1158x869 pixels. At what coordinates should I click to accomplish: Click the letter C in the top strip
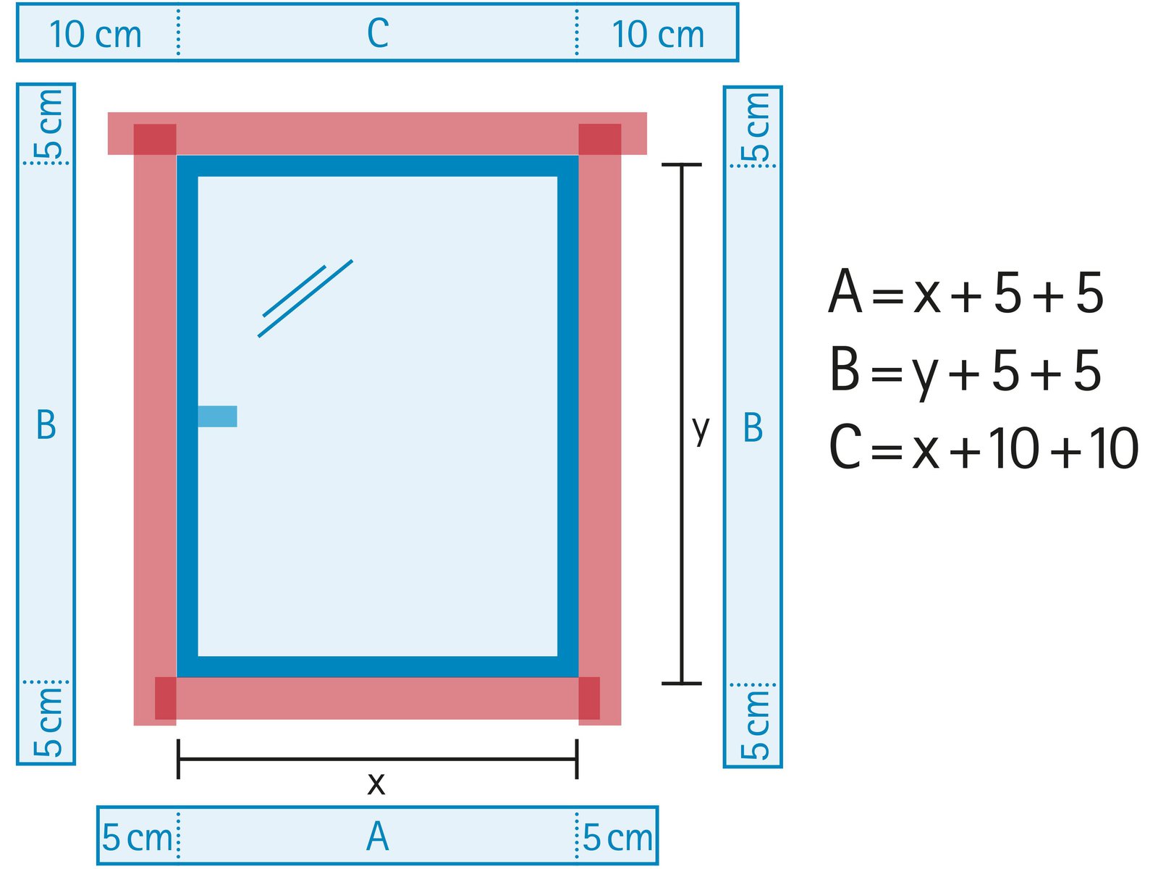(378, 33)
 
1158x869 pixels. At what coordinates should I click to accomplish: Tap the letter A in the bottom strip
(378, 837)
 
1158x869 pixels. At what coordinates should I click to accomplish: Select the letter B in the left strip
(46, 425)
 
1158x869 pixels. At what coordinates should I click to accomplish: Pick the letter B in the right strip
(753, 428)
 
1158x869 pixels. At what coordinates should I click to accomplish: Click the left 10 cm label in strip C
(95, 35)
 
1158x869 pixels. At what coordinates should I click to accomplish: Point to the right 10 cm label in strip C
(658, 35)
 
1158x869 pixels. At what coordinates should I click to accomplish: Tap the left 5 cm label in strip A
(137, 838)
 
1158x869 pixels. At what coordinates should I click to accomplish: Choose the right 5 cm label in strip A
(617, 838)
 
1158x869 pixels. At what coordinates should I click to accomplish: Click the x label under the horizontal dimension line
(376, 784)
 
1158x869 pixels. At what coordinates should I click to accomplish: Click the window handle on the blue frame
(217, 416)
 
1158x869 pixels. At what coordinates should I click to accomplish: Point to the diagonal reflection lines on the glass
(305, 298)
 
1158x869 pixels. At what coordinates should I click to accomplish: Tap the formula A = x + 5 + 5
(965, 293)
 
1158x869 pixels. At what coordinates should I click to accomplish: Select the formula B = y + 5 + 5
(965, 371)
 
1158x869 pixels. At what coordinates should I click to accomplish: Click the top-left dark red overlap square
(155, 139)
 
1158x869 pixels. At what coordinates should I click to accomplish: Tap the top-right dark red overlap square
(599, 139)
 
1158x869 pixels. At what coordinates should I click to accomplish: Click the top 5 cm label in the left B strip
(49, 125)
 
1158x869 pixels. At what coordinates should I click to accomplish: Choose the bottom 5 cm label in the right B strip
(756, 725)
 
